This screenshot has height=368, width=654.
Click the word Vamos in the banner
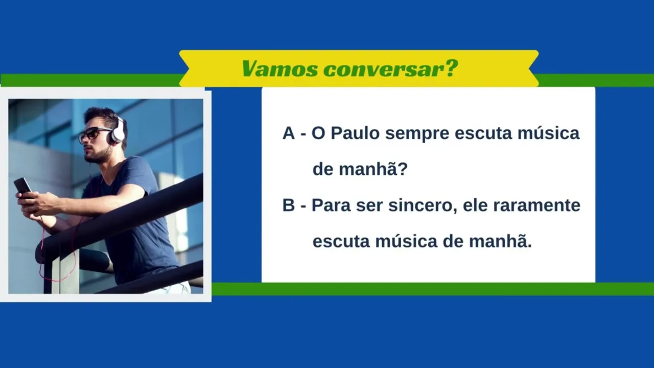click(279, 69)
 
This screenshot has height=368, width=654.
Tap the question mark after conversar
click(450, 68)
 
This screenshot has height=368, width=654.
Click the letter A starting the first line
click(289, 133)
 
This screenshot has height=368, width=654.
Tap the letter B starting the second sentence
click(289, 205)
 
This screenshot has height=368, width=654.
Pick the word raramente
click(536, 205)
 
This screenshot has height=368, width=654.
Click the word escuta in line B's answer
click(341, 242)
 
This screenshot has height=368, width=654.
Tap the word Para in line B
click(331, 205)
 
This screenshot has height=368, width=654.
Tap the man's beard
click(98, 155)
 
